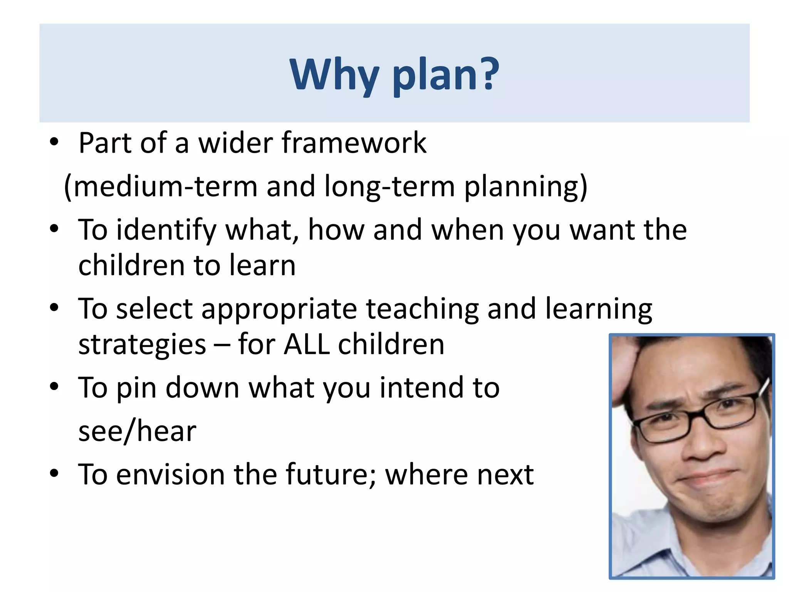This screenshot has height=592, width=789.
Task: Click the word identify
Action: (166, 230)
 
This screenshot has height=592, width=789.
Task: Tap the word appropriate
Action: (279, 310)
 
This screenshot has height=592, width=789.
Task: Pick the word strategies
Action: (142, 345)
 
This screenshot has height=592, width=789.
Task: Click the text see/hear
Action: (137, 431)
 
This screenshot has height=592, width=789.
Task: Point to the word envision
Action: (170, 474)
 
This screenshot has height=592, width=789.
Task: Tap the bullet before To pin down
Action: (54, 387)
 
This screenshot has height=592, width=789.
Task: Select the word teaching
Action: (422, 310)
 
